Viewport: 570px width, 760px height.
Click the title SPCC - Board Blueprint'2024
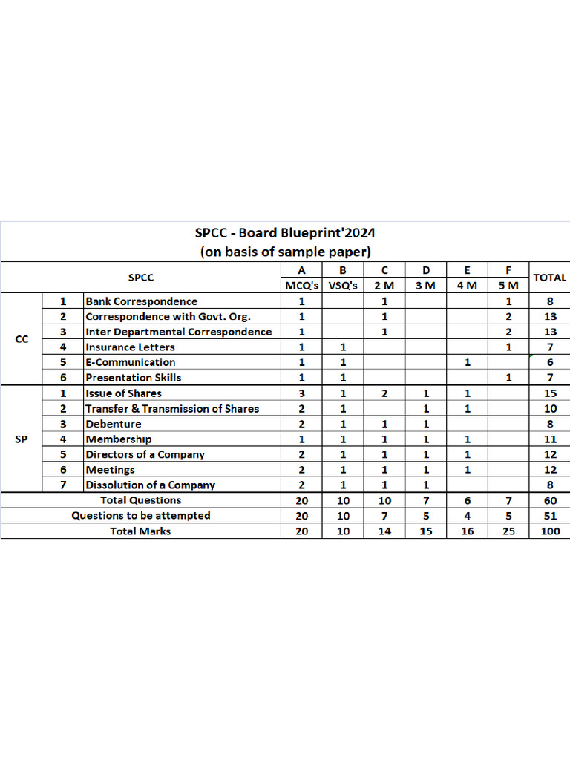pyautogui.click(x=285, y=232)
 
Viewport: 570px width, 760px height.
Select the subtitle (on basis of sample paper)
pyautogui.click(x=285, y=251)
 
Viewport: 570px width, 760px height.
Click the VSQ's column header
pyautogui.click(x=343, y=286)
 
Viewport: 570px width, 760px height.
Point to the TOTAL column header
pyautogui.click(x=550, y=278)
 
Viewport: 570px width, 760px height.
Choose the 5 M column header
pyautogui.click(x=508, y=286)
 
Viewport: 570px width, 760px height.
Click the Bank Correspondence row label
pyautogui.click(x=142, y=301)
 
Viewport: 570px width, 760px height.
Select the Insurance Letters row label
pyautogui.click(x=131, y=347)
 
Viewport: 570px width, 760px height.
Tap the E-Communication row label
pyautogui.click(x=131, y=362)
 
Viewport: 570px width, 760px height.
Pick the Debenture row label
pyautogui.click(x=114, y=424)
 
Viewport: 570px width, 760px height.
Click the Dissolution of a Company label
pyautogui.click(x=151, y=485)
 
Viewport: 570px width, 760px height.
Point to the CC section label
pyautogui.click(x=22, y=339)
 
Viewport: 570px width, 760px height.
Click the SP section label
pyautogui.click(x=22, y=439)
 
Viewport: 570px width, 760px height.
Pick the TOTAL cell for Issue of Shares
pyautogui.click(x=550, y=393)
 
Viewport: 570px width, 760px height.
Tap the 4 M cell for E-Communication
pyautogui.click(x=468, y=362)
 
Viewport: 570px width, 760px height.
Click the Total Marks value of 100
pyautogui.click(x=550, y=531)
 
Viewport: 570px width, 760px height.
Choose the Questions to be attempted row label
pyautogui.click(x=141, y=516)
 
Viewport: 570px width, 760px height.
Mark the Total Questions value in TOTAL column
pyautogui.click(x=550, y=501)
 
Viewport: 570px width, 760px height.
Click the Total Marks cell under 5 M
pyautogui.click(x=508, y=531)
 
